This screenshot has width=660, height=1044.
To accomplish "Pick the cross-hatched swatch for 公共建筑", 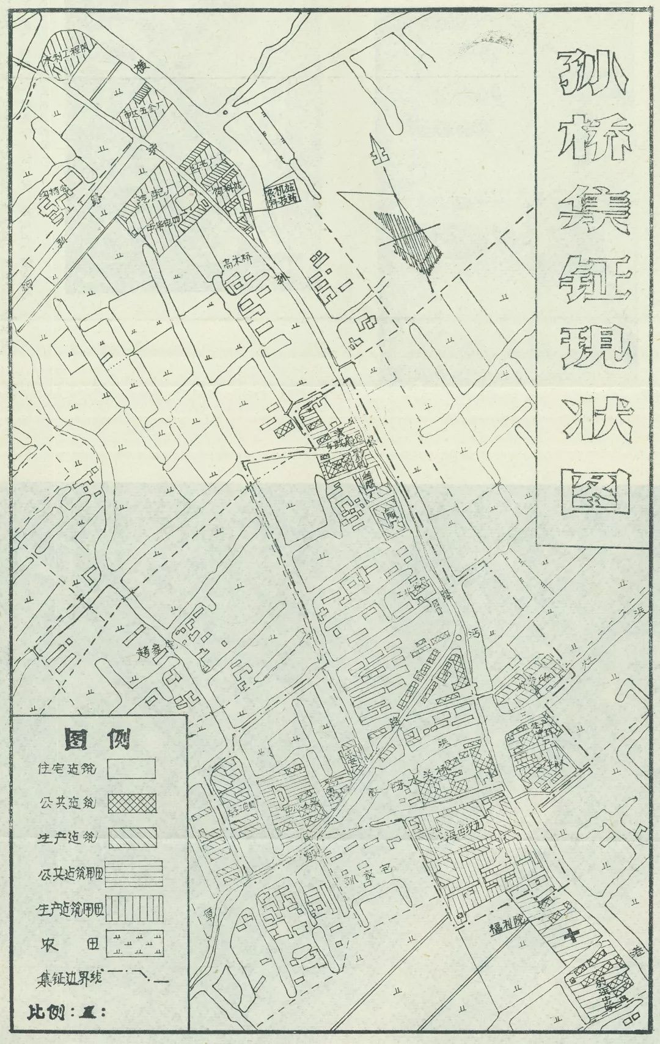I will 131,803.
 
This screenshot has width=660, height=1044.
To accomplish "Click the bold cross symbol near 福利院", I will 572,933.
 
